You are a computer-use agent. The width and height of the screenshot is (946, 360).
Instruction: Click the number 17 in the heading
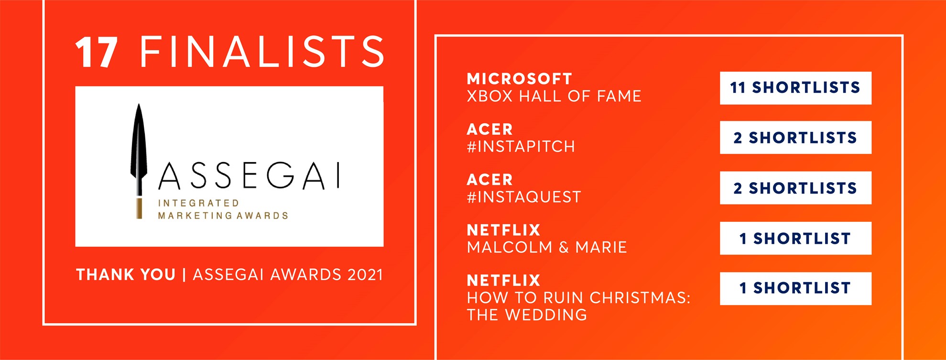[97, 52]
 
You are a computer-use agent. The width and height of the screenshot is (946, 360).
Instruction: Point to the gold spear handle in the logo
[139, 208]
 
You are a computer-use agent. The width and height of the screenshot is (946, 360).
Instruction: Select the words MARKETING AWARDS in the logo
[223, 216]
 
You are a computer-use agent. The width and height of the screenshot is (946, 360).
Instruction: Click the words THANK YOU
[126, 275]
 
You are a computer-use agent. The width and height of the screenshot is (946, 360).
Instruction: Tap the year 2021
[365, 275]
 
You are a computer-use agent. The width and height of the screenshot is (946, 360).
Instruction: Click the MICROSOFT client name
[520, 79]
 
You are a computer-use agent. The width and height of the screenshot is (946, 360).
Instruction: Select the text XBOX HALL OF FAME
[554, 96]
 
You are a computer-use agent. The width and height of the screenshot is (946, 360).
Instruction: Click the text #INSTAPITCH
[521, 146]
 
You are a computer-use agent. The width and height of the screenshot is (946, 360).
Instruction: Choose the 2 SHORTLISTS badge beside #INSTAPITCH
[795, 138]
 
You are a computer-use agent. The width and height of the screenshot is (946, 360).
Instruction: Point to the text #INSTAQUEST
[524, 197]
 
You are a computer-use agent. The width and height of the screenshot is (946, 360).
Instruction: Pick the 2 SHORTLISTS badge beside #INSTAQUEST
[795, 188]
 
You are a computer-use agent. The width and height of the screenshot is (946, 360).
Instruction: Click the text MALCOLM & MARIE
[547, 247]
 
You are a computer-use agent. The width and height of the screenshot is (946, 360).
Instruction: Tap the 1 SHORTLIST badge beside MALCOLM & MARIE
[795, 238]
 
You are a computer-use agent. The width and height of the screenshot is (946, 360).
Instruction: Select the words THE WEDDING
[527, 315]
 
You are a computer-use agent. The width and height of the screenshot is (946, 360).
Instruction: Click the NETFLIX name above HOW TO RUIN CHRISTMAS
[504, 280]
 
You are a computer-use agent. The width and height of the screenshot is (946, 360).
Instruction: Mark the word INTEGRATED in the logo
[198, 203]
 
